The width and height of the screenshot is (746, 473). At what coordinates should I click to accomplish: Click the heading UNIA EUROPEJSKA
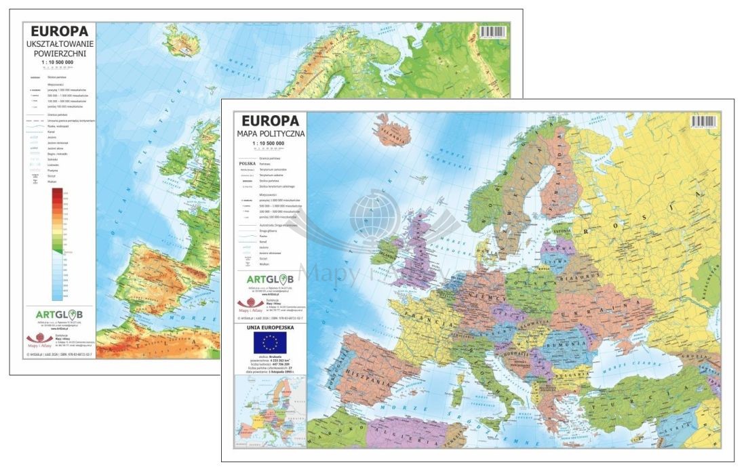pos(269,329)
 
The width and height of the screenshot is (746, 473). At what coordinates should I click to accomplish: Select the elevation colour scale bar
pos(57,244)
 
